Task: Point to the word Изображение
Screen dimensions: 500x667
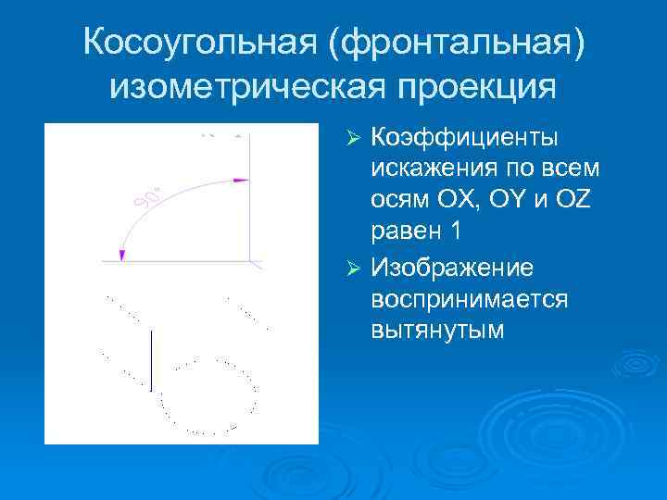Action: click(451, 268)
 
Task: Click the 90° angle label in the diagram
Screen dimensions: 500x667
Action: click(146, 198)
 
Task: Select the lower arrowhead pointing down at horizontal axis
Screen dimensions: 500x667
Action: click(121, 255)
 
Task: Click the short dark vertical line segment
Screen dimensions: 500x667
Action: click(152, 362)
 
